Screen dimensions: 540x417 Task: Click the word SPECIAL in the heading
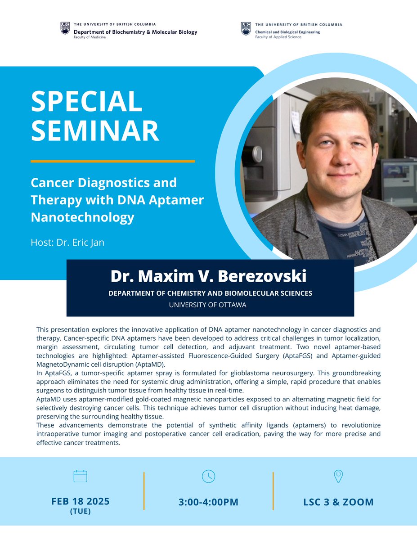[x=86, y=101]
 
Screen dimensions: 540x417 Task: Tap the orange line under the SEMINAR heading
[x=112, y=161]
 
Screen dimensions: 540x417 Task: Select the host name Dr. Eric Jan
[x=67, y=243]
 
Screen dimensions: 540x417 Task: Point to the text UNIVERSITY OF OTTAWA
[x=207, y=305]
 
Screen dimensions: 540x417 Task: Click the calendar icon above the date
[x=80, y=476]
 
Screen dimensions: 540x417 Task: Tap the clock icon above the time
[x=208, y=476]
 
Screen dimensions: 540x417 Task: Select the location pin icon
[x=338, y=476]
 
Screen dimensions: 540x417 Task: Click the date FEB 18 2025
[x=81, y=501]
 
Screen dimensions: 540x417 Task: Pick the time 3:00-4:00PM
[x=208, y=502]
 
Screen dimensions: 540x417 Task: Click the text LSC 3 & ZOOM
[x=338, y=502]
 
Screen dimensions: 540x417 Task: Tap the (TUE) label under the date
[x=81, y=511]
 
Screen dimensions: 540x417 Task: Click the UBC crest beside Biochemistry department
[x=65, y=28]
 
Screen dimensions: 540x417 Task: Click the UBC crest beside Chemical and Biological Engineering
[x=246, y=28]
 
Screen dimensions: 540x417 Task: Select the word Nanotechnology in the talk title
[x=82, y=217]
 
